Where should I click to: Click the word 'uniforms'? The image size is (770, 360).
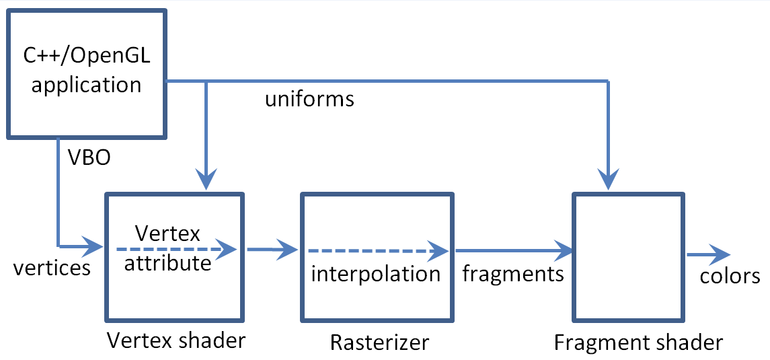[x=309, y=100]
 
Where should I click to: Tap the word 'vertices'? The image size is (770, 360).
[x=52, y=268]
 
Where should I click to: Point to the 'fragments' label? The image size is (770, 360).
[x=513, y=273]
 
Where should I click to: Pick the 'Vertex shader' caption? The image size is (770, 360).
[x=177, y=341]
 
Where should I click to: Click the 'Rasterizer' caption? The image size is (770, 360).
[x=379, y=343]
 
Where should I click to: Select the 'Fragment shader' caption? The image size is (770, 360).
[x=638, y=343]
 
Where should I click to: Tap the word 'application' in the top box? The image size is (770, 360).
[x=87, y=85]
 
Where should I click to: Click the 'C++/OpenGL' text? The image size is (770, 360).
[x=87, y=57]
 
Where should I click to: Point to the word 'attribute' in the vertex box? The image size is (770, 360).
[x=167, y=262]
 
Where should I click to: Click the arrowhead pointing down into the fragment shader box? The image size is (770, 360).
[x=609, y=180]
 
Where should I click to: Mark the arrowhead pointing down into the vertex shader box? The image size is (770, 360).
[x=206, y=180]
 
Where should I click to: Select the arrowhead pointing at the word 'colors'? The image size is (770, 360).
[x=720, y=256]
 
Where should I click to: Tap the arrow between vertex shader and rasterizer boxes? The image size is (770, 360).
[x=272, y=250]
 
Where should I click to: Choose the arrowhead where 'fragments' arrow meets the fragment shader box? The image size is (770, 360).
[x=564, y=250]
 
